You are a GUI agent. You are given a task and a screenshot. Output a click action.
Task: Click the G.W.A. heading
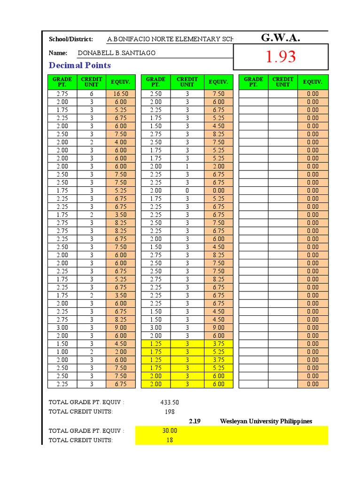280,38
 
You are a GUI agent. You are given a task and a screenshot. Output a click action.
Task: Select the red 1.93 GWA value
281,57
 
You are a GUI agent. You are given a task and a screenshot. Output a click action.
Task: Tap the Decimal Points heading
80,65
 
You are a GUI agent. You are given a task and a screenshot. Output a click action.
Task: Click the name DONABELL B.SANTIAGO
116,53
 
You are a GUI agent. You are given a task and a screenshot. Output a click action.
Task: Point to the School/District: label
71,39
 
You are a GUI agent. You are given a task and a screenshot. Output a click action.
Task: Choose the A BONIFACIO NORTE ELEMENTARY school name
170,39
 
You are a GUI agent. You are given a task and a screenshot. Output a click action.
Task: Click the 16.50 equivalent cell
120,94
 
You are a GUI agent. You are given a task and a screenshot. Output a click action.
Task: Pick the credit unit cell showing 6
92,94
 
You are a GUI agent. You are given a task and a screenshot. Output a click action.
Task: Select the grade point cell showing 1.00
62,352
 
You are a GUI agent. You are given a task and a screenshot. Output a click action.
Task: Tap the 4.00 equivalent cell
120,142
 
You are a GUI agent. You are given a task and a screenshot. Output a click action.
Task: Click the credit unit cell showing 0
187,191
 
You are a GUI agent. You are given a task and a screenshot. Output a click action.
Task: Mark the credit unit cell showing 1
187,166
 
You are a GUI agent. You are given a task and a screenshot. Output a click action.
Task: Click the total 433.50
169,402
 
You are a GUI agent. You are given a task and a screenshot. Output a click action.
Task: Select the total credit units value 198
169,411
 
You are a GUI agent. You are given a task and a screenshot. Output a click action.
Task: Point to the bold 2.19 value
195,421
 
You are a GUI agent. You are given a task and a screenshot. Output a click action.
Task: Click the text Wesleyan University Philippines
266,421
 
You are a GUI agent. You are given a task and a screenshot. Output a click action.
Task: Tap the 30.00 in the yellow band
170,431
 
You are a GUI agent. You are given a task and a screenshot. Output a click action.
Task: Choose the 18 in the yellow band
170,440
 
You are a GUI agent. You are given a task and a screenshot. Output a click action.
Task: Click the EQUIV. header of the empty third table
313,82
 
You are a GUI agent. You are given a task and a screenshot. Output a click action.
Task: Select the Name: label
58,53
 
